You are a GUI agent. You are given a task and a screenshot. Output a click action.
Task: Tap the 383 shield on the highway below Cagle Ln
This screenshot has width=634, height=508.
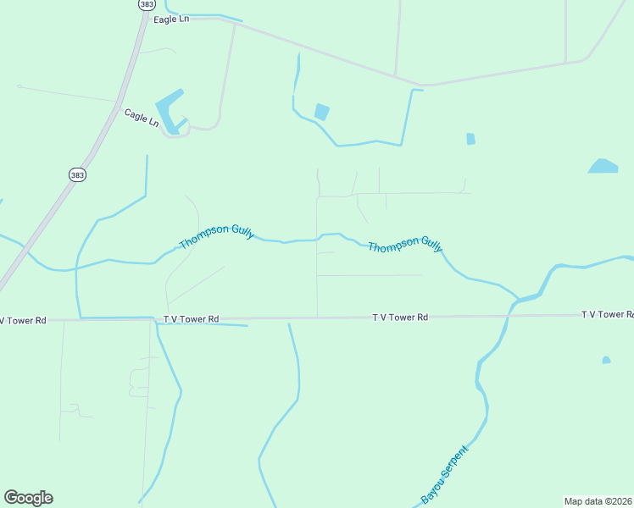[x=77, y=174]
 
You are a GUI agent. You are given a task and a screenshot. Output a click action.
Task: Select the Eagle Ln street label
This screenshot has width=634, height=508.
[x=172, y=19]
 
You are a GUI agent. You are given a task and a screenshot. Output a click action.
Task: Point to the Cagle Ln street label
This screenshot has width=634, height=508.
[x=141, y=117]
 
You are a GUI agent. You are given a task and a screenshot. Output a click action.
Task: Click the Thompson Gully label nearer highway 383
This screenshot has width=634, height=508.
[x=216, y=236]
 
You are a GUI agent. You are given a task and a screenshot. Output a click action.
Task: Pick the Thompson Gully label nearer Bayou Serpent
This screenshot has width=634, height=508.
[x=405, y=245]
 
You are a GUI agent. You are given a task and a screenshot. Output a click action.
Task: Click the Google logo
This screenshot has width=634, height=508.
[x=28, y=498]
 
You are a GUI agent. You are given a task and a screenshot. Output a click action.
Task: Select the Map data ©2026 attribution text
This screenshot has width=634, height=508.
[x=598, y=501]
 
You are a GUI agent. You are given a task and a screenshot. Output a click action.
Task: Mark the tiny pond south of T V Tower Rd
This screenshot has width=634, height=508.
[x=606, y=361]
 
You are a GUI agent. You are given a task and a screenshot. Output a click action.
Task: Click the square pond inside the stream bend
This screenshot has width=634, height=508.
[x=321, y=112]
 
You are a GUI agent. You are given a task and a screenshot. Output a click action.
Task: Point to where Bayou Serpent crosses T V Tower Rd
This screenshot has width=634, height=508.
[x=509, y=316]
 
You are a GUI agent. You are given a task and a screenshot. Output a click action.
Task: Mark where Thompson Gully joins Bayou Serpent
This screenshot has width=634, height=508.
[x=515, y=298]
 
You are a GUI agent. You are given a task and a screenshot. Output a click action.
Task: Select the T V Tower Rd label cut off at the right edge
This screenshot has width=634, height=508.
[x=607, y=314]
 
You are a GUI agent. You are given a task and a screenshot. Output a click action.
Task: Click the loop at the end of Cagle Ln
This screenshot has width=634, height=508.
[x=175, y=130]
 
